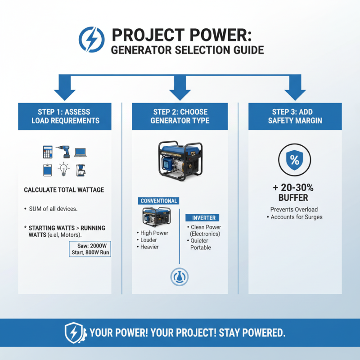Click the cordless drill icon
(63, 153)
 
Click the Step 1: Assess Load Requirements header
(65, 116)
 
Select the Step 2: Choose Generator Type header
(180, 116)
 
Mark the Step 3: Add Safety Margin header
(295, 116)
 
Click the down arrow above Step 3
(295, 88)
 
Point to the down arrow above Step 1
(65, 88)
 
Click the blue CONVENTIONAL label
(159, 201)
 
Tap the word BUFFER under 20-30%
(295, 198)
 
